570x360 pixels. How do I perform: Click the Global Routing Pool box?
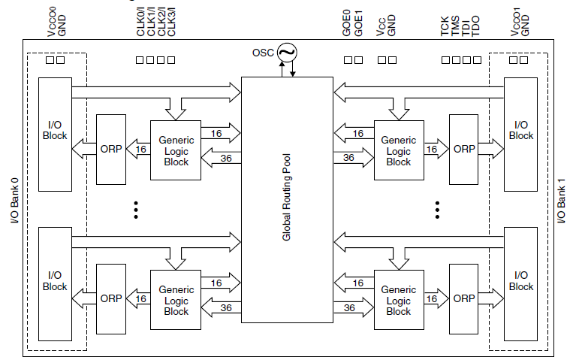tap(286, 199)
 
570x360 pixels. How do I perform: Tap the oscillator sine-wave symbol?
tap(286, 53)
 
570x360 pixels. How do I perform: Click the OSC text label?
tap(263, 53)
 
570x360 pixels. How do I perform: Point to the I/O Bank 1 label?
tap(561, 198)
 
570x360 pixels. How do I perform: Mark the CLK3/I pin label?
tap(172, 20)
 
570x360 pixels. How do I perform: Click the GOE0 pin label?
tap(348, 23)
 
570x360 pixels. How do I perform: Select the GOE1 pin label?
tap(358, 23)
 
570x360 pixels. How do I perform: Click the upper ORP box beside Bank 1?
tap(464, 150)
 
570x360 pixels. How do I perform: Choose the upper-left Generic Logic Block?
tap(176, 150)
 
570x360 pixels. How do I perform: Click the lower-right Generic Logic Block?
tap(398, 300)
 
